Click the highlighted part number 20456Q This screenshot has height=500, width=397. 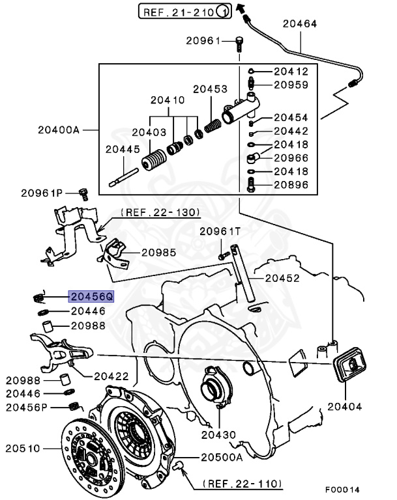pyautogui.click(x=91, y=296)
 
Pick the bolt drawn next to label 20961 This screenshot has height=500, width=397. pyautogui.click(x=240, y=43)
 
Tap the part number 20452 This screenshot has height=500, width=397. pyautogui.click(x=281, y=278)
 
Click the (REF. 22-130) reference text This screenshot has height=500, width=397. pyautogui.click(x=160, y=213)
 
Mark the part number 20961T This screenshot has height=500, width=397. pyautogui.click(x=220, y=231)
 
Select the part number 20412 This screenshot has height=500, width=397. pyautogui.click(x=291, y=71)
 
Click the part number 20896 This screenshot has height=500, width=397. pyautogui.click(x=291, y=184)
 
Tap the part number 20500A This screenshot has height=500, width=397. pyautogui.click(x=221, y=457)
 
